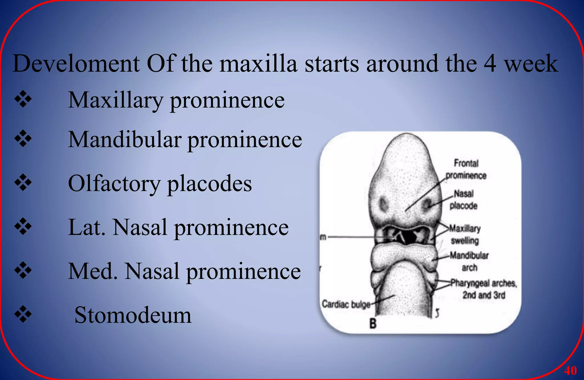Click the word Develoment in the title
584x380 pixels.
[76, 64]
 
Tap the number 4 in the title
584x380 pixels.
[490, 64]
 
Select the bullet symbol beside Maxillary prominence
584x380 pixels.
[23, 100]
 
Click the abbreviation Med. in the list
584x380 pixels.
[93, 271]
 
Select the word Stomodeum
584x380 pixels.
[133, 315]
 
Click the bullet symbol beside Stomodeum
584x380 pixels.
[23, 314]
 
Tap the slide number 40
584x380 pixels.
[570, 371]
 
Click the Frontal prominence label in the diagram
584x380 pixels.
[466, 169]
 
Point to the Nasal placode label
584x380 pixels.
[463, 199]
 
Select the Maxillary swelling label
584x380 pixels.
[465, 234]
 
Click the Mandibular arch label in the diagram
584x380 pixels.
[469, 261]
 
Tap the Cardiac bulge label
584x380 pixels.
[346, 304]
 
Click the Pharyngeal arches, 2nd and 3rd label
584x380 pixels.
[484, 289]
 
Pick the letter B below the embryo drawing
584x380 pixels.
[373, 324]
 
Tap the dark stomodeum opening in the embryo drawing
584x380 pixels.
[409, 237]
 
